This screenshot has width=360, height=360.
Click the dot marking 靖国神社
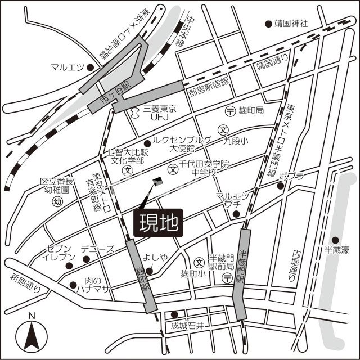point(268,24)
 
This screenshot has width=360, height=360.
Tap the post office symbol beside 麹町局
point(230,111)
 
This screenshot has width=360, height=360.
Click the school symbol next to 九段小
point(223,129)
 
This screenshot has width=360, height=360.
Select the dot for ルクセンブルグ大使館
point(147,143)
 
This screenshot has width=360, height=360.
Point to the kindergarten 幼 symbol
point(57,202)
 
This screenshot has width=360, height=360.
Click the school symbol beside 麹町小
point(199,262)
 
